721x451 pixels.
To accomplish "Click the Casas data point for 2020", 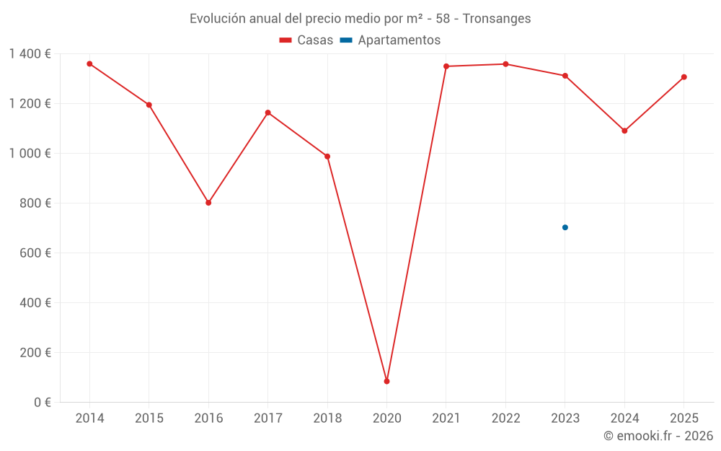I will click(386, 381).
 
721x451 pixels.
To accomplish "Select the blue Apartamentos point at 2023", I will click(565, 227).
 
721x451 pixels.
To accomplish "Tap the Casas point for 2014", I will click(89, 64).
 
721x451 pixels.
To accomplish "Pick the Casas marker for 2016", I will click(208, 203).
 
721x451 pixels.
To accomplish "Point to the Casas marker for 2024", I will click(624, 131).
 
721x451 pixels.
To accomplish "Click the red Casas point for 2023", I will click(565, 76).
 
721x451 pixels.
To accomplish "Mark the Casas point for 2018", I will click(327, 157).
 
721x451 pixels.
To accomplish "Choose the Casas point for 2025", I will click(684, 77).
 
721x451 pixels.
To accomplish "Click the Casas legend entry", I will click(306, 40).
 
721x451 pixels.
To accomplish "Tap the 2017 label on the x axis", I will click(267, 419).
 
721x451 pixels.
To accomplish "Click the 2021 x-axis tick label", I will click(446, 419).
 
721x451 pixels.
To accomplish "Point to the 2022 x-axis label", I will click(505, 419).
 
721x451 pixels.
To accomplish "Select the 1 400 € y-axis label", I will click(30, 54).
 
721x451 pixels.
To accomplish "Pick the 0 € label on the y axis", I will click(43, 403).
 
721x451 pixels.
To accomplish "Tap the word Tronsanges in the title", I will click(497, 19).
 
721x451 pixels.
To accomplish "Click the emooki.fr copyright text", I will click(658, 436).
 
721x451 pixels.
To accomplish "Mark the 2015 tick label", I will click(149, 419).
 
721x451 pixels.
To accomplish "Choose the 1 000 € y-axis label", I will click(30, 154).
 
